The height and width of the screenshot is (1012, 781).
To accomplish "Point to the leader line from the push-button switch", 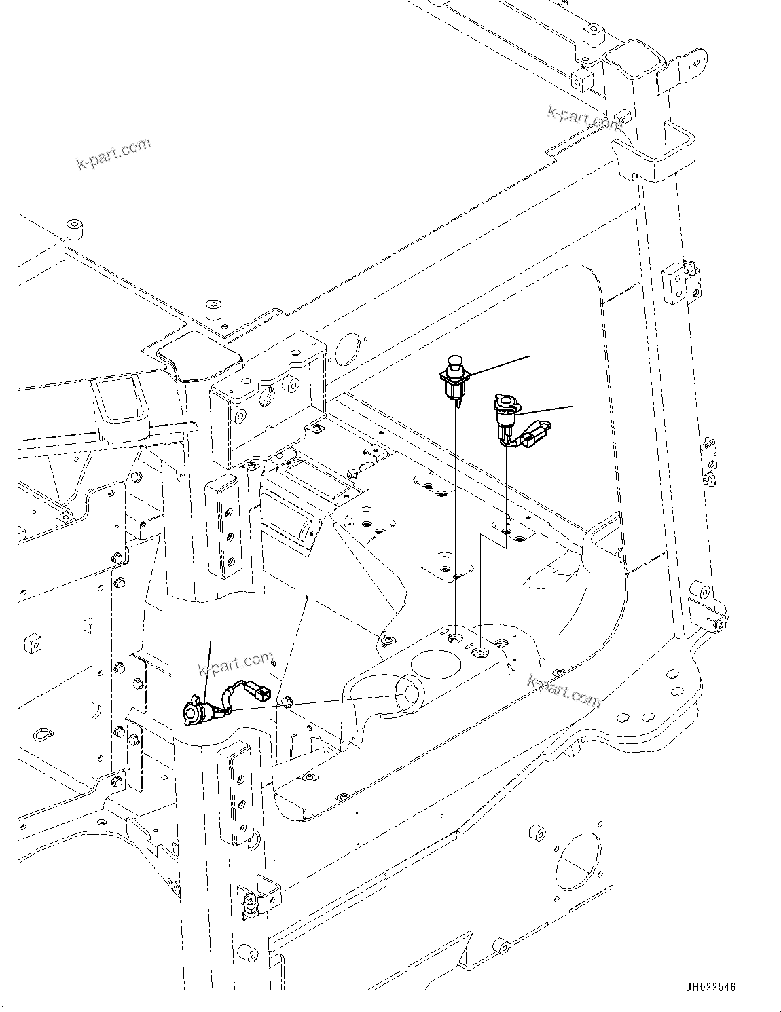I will [x=499, y=364].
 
